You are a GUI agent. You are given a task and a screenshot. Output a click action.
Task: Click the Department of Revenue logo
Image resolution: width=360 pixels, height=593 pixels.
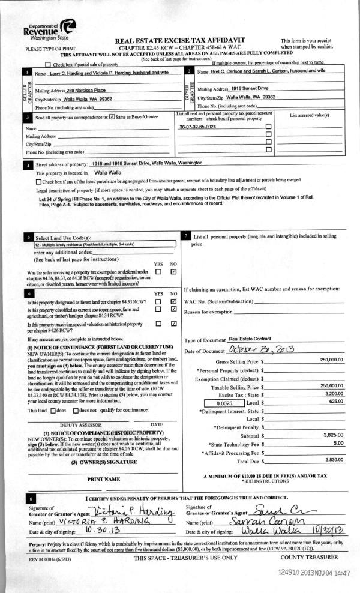point(52,28)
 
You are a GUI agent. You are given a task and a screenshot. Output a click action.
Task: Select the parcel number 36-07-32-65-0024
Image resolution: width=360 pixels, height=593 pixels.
point(198,128)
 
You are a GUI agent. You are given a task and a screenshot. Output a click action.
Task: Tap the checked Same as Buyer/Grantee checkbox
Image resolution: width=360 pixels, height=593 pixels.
point(112,118)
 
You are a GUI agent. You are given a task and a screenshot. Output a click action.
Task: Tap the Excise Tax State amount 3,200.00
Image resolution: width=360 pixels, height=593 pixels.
point(332,393)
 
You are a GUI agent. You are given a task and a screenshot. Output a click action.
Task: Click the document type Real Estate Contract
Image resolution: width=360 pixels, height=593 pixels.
point(250,339)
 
